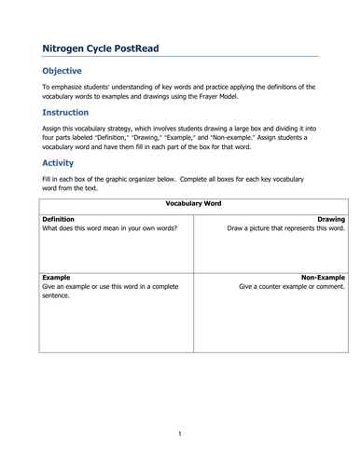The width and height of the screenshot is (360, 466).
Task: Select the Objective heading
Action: [62, 71]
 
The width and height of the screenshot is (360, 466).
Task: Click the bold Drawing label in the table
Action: [330, 218]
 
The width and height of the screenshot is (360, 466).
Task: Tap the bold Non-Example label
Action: [323, 277]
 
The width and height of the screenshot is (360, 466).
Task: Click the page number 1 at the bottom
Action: [180, 432]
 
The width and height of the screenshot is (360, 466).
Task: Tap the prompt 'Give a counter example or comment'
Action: [292, 287]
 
